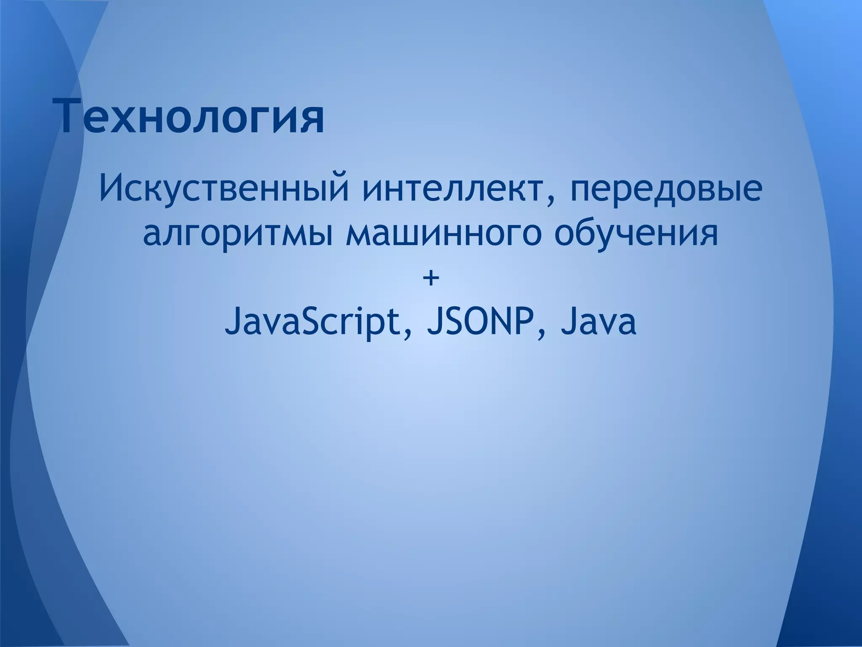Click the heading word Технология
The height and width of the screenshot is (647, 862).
[192, 115]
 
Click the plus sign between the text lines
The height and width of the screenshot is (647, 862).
[431, 278]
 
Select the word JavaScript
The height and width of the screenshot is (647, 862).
[312, 323]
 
